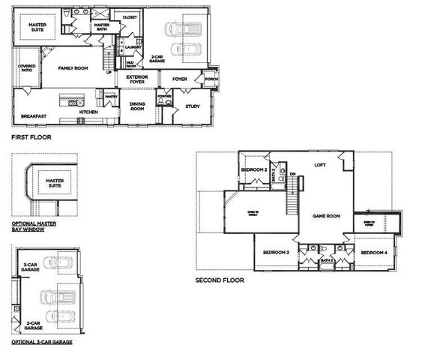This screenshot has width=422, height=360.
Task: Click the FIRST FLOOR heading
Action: point(31,138)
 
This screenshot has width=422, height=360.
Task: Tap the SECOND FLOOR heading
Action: point(220,280)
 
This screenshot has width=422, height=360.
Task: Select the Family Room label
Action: point(73,67)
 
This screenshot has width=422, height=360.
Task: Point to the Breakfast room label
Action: point(34,115)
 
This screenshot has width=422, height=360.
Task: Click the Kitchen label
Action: point(88,111)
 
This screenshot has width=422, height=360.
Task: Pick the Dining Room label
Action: point(137,106)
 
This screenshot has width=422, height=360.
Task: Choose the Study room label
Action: point(192,106)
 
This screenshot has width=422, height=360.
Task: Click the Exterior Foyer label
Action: point(136,79)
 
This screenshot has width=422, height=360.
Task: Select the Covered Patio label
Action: point(26,68)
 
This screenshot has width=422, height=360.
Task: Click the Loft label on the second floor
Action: point(319,165)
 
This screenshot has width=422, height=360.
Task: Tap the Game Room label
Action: point(326,215)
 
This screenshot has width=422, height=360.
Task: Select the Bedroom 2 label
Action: point(254,169)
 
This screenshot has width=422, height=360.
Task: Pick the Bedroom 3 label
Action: point(276,252)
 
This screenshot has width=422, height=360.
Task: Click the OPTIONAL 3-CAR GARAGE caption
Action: point(42,341)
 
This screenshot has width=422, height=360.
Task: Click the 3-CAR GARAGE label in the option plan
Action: point(31,268)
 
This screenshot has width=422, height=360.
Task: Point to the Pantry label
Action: point(110,96)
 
